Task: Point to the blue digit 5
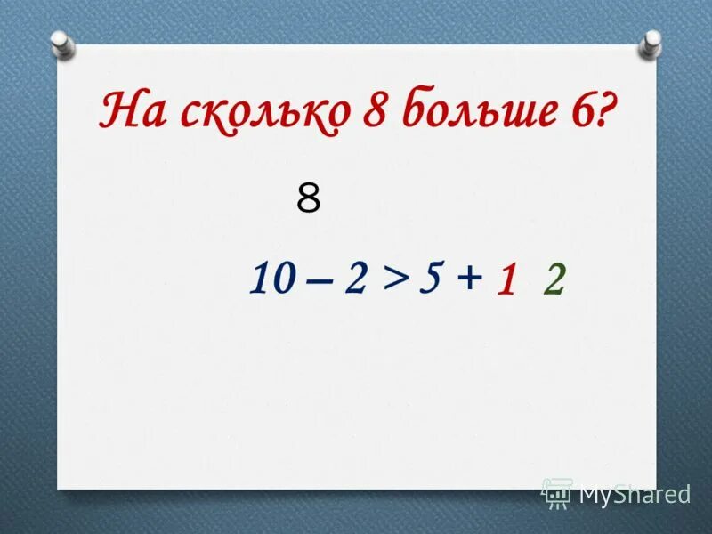(432, 280)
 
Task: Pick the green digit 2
(554, 281)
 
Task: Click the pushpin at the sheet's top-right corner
(652, 40)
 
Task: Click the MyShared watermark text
(635, 493)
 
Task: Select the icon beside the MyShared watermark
(557, 492)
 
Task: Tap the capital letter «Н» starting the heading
(117, 113)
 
